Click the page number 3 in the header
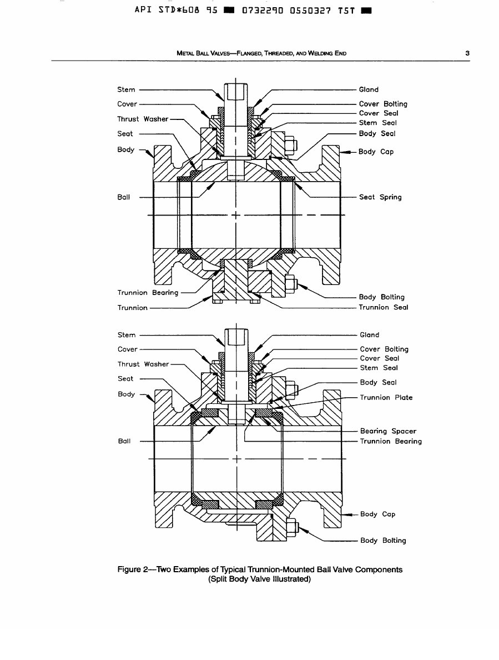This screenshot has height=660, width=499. [x=468, y=53]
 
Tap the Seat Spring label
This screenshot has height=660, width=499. [x=380, y=197]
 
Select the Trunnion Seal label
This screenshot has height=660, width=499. [x=383, y=307]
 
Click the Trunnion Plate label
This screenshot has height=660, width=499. [x=386, y=398]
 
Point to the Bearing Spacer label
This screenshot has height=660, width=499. [x=388, y=431]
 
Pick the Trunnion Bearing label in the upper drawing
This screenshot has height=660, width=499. [x=148, y=293]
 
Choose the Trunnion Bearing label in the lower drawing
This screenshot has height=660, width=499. [x=391, y=442]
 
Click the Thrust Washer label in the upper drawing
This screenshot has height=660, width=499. [x=143, y=119]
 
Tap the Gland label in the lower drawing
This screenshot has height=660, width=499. [x=369, y=335]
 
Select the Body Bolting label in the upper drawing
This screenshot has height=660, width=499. [x=382, y=297]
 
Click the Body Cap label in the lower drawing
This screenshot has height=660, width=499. [x=377, y=514]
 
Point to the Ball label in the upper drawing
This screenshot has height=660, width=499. [x=124, y=197]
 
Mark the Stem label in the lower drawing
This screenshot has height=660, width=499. [x=127, y=335]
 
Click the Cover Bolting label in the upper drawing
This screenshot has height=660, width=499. [x=383, y=104]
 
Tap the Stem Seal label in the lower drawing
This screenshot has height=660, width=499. [x=379, y=368]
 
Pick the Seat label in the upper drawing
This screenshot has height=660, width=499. [x=125, y=134]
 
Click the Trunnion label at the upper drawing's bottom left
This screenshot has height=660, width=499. [x=133, y=308]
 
